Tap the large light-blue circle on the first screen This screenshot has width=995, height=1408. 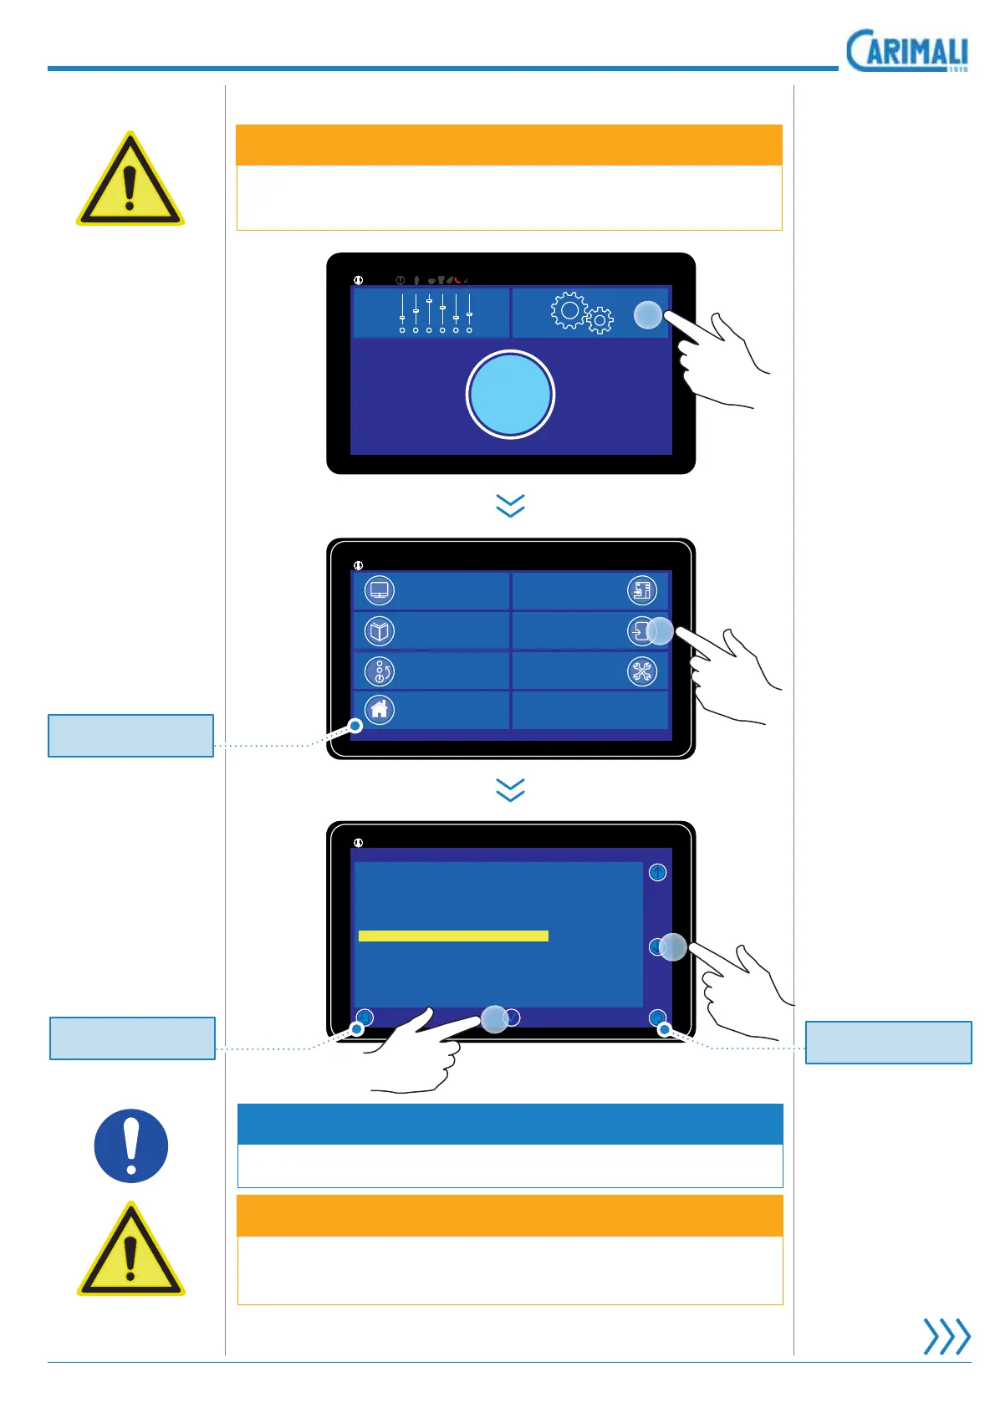click(510, 395)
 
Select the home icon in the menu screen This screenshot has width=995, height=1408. click(380, 710)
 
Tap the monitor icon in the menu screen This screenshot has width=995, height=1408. click(380, 591)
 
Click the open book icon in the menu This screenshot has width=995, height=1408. click(380, 631)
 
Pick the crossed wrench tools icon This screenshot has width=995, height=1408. click(642, 671)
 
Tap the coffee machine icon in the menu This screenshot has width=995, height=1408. click(642, 591)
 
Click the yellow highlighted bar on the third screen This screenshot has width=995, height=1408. click(453, 936)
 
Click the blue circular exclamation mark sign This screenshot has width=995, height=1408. click(131, 1145)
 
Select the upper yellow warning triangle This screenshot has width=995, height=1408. click(130, 181)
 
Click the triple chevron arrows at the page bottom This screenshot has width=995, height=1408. click(947, 1336)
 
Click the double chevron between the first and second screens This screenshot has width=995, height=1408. click(510, 505)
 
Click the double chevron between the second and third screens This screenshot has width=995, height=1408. click(510, 789)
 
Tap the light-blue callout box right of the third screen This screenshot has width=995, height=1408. click(888, 1042)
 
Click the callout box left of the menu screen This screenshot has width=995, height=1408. click(130, 736)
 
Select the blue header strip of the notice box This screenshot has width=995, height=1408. click(510, 1124)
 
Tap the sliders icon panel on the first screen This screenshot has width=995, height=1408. click(431, 313)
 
